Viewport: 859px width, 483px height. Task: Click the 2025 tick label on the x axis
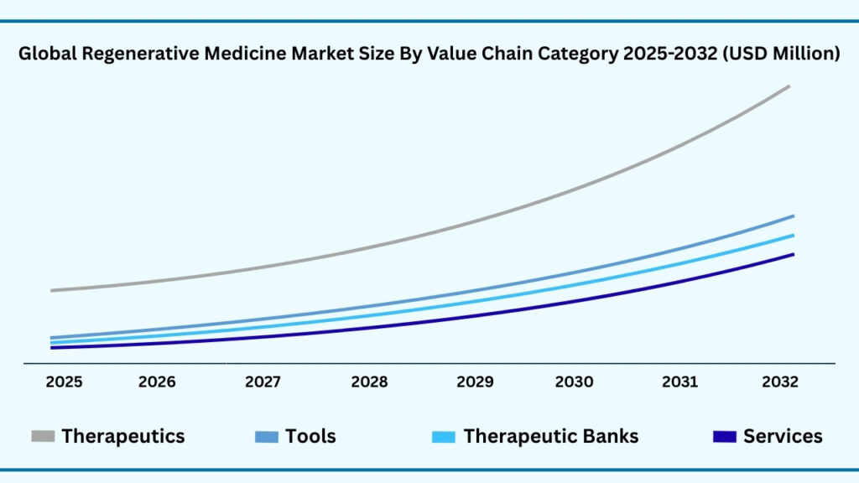tap(64, 382)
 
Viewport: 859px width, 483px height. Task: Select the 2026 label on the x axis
tap(157, 382)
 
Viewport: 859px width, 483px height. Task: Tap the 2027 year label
tap(263, 382)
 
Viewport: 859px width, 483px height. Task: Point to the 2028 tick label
tap(369, 382)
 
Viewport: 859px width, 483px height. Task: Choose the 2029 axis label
tap(475, 382)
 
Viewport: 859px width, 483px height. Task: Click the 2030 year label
tap(574, 382)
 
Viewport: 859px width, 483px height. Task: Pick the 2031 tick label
tap(679, 382)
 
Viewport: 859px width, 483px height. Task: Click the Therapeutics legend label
tap(122, 436)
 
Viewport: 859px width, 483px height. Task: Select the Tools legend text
tap(310, 436)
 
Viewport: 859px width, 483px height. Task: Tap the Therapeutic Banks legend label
tap(550, 436)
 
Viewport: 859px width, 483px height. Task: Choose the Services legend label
tap(783, 436)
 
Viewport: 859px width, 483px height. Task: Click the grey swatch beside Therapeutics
tap(43, 436)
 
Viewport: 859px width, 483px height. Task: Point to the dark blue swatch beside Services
tap(724, 436)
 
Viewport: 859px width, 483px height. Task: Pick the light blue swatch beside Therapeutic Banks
tap(444, 436)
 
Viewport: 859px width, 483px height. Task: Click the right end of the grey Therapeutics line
tap(789, 86)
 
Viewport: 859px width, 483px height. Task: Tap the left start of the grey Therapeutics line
tap(52, 290)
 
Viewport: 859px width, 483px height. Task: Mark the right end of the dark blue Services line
tap(792, 254)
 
